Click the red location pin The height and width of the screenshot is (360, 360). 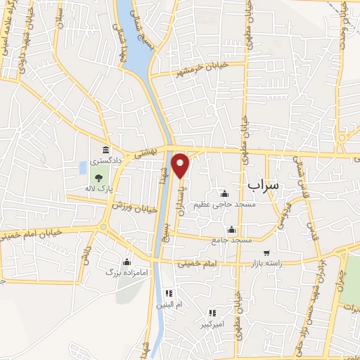click(181, 165)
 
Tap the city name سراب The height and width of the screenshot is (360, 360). click(263, 185)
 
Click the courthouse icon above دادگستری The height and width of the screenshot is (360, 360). click(105, 150)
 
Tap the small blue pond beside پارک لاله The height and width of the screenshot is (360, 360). click(83, 168)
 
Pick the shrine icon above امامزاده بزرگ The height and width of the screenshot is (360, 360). click(127, 262)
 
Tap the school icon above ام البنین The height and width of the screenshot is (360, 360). click(168, 293)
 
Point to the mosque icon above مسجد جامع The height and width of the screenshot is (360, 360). click(231, 229)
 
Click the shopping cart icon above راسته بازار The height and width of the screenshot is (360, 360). click(266, 252)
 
